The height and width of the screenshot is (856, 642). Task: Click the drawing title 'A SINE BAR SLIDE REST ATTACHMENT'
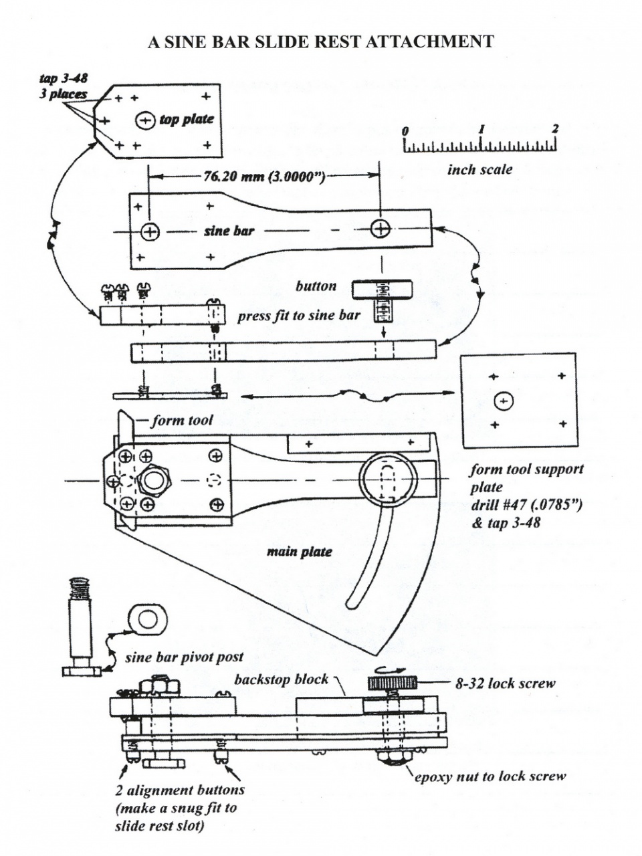[321, 41]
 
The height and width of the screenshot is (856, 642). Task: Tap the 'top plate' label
[187, 119]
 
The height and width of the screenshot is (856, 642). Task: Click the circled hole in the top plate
[145, 121]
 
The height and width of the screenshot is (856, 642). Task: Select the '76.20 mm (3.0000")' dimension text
[264, 177]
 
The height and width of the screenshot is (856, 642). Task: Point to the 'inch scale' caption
[479, 170]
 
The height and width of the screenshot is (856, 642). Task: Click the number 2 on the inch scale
[554, 128]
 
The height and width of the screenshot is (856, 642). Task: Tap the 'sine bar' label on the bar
[229, 231]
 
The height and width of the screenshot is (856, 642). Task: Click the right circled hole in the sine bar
[380, 228]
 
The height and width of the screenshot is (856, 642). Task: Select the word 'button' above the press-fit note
[316, 286]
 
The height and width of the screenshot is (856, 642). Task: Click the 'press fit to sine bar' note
[299, 315]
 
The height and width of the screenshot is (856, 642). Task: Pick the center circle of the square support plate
[504, 401]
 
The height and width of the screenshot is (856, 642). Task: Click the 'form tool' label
[183, 421]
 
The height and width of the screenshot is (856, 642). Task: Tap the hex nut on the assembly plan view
[154, 480]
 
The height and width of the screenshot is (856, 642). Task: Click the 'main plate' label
[300, 552]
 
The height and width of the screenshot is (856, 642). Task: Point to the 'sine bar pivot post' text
[184, 657]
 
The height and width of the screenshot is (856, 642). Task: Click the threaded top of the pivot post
[80, 588]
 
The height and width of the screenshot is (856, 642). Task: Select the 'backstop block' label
[281, 679]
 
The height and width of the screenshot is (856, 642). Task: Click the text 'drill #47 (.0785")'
[526, 505]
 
